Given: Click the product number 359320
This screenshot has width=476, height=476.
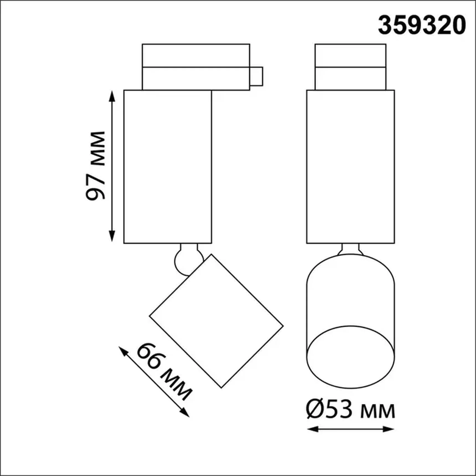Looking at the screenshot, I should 422,25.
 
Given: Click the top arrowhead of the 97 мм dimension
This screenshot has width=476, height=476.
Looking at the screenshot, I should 112,96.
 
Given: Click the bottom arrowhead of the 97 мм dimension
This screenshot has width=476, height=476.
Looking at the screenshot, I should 112,237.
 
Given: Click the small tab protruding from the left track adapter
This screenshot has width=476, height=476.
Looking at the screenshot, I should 256,76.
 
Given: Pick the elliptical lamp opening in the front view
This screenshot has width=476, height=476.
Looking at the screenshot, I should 350,357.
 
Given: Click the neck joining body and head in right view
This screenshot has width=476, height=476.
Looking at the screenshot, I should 350,249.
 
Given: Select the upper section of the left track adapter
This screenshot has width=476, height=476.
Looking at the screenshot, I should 196,55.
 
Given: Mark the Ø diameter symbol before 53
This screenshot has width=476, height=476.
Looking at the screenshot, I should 315,410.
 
